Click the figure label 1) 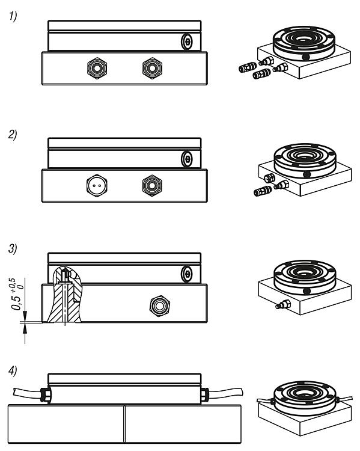point(13,16)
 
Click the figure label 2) point(13,134)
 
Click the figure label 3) point(13,248)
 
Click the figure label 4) point(13,370)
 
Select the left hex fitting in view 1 point(97,69)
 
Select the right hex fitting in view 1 point(152,69)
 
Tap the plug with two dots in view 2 point(97,186)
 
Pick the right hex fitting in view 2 point(152,186)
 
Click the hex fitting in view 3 point(160,306)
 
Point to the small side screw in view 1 point(187,42)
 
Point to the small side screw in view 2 point(187,159)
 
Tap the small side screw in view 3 point(187,274)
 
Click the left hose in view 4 point(27,392)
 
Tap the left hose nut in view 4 point(46,394)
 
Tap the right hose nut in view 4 point(204,394)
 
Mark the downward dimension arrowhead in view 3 point(25,315)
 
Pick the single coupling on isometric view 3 point(283,305)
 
